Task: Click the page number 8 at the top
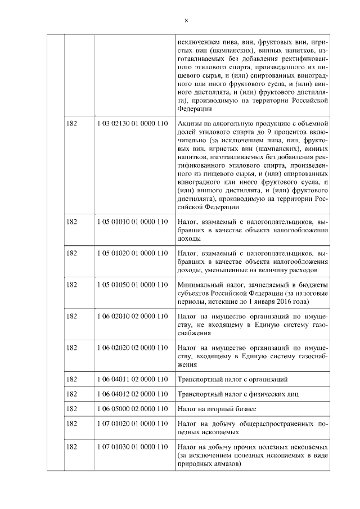point(186,21)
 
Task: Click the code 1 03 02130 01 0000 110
point(132,123)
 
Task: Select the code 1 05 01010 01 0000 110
point(132,222)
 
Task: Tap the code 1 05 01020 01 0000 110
point(132,254)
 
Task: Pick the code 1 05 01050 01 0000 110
point(132,285)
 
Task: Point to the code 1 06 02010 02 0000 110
point(132,317)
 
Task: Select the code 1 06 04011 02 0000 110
point(132,379)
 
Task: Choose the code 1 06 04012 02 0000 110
point(132,394)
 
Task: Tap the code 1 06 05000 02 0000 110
point(132,408)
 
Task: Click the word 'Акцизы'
point(190,123)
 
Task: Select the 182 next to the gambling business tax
point(71,408)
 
